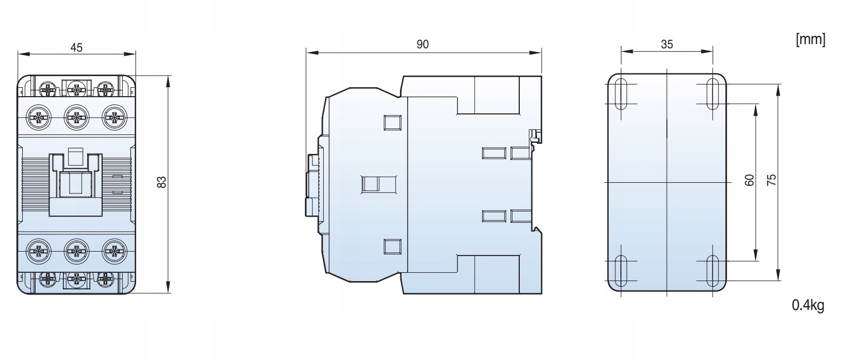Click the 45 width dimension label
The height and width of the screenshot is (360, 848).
click(x=77, y=48)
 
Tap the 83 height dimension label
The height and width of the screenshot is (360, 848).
click(x=162, y=182)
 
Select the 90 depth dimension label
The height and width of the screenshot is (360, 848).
click(x=423, y=44)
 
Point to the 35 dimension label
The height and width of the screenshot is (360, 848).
click(x=666, y=44)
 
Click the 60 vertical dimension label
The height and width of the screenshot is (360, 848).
click(x=749, y=180)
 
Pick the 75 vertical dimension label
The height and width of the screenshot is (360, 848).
click(x=771, y=180)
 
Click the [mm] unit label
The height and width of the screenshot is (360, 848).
click(x=811, y=40)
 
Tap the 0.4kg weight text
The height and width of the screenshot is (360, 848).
click(x=808, y=305)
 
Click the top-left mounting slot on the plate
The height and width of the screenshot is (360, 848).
click(x=621, y=94)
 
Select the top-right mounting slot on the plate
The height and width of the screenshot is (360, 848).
click(x=713, y=94)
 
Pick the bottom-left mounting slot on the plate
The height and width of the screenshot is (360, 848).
click(x=621, y=271)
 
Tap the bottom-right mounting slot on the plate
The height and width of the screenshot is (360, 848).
click(x=713, y=271)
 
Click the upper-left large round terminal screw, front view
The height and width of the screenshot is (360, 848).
click(x=38, y=117)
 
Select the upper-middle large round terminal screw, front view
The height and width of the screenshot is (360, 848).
click(x=77, y=117)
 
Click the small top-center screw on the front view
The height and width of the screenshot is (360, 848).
click(x=77, y=89)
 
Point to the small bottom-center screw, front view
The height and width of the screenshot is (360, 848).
click(x=77, y=279)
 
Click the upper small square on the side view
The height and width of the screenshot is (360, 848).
click(x=393, y=123)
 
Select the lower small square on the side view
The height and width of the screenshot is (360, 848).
click(x=393, y=247)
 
